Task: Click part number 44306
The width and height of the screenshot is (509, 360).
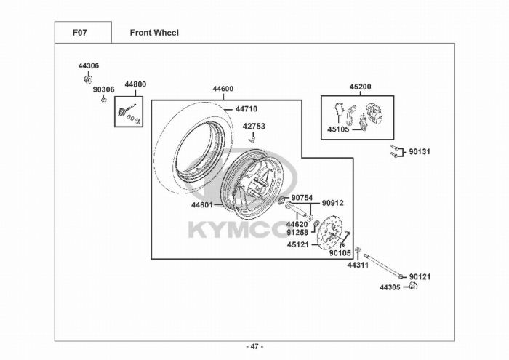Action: click(89, 65)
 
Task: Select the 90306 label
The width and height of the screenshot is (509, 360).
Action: click(103, 89)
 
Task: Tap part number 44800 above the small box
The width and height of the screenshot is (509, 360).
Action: click(135, 84)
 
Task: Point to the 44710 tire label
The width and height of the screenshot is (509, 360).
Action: click(246, 109)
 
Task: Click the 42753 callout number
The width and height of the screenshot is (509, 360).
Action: click(254, 126)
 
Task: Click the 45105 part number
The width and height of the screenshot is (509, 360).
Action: click(338, 131)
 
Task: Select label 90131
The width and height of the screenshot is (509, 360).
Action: click(420, 153)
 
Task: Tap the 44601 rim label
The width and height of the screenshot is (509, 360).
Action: click(202, 205)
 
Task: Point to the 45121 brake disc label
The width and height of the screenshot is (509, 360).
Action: click(298, 244)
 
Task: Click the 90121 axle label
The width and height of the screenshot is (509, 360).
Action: click(420, 277)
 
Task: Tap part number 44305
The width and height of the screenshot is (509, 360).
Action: click(390, 287)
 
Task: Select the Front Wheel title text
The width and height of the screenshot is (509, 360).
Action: click(154, 33)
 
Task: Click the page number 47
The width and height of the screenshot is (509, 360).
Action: click(254, 345)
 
